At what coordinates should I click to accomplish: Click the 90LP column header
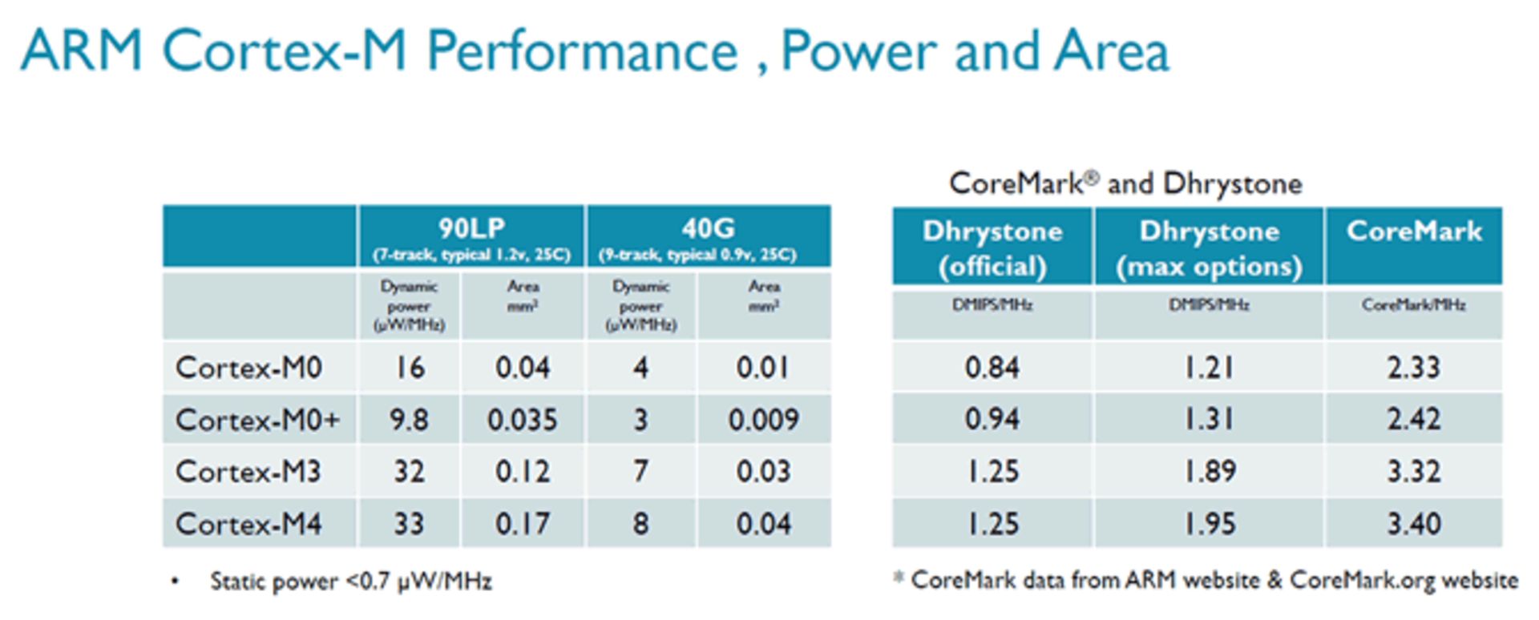click(471, 229)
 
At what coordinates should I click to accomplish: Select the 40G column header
click(708, 229)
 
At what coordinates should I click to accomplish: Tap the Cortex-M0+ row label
click(257, 420)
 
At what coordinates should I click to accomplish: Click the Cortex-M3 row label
click(248, 471)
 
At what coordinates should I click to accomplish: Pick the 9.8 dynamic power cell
click(409, 420)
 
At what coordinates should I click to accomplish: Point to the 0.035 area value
click(522, 420)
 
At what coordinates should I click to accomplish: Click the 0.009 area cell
click(763, 420)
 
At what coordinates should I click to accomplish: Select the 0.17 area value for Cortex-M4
click(522, 524)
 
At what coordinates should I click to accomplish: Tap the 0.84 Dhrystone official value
click(992, 368)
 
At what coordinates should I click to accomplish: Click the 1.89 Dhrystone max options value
click(1209, 471)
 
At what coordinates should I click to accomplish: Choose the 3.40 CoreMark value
click(1414, 524)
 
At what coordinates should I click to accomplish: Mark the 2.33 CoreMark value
click(1414, 368)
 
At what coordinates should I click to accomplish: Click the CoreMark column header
click(1414, 231)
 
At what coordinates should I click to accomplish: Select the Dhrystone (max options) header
click(1209, 248)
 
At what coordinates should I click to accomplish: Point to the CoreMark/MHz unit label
click(1414, 305)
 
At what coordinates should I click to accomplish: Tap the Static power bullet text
click(350, 581)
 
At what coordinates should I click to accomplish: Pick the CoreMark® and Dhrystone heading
click(1125, 183)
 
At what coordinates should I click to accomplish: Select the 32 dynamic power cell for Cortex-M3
click(409, 471)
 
